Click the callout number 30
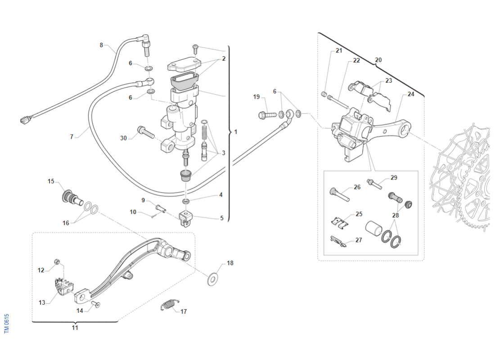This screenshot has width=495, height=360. [x=123, y=138]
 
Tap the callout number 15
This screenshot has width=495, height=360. [x=51, y=181]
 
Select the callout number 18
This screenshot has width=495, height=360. [x=230, y=263]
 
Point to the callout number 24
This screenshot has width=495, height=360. [x=411, y=94]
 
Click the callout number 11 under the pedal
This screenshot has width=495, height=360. [x=75, y=328]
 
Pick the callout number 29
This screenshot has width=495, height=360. [x=394, y=178]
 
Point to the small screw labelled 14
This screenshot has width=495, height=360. [x=96, y=305]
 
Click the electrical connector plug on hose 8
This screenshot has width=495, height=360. [x=26, y=120]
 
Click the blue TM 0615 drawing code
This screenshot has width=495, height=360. [x=7, y=324]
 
